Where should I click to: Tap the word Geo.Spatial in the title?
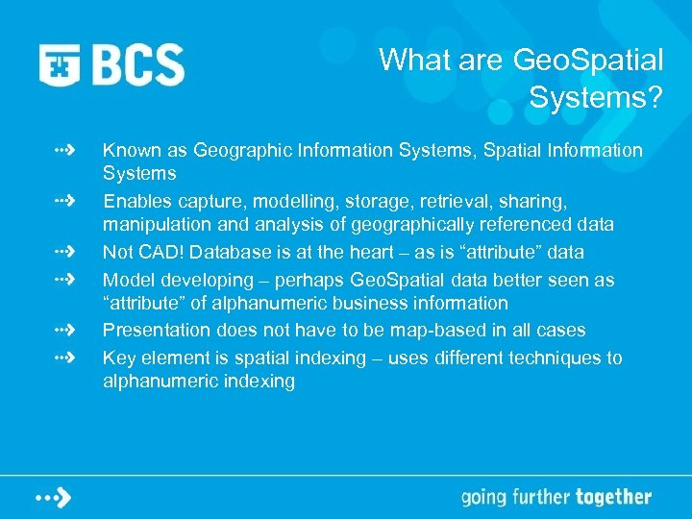(x=588, y=61)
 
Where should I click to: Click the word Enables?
(x=135, y=201)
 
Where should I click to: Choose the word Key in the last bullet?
(x=118, y=358)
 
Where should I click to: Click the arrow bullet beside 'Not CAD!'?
(x=64, y=252)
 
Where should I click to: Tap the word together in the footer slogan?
(x=613, y=497)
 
